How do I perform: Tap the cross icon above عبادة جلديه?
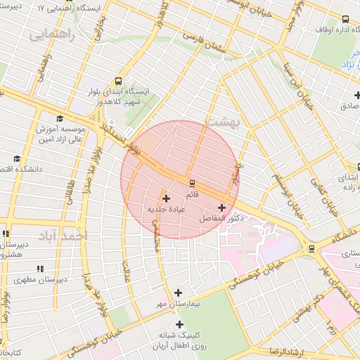tap(166, 198)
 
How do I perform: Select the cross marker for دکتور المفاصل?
tap(223, 207)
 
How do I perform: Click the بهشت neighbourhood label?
tap(223, 121)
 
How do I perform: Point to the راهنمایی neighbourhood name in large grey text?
tap(50, 33)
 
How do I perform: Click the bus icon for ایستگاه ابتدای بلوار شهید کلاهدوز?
tap(117, 81)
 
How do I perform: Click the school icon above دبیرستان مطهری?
tap(40, 268)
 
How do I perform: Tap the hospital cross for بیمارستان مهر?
tap(178, 292)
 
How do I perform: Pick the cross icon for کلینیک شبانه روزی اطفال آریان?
tap(180, 324)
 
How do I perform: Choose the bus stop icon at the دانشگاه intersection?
tap(311, 249)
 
